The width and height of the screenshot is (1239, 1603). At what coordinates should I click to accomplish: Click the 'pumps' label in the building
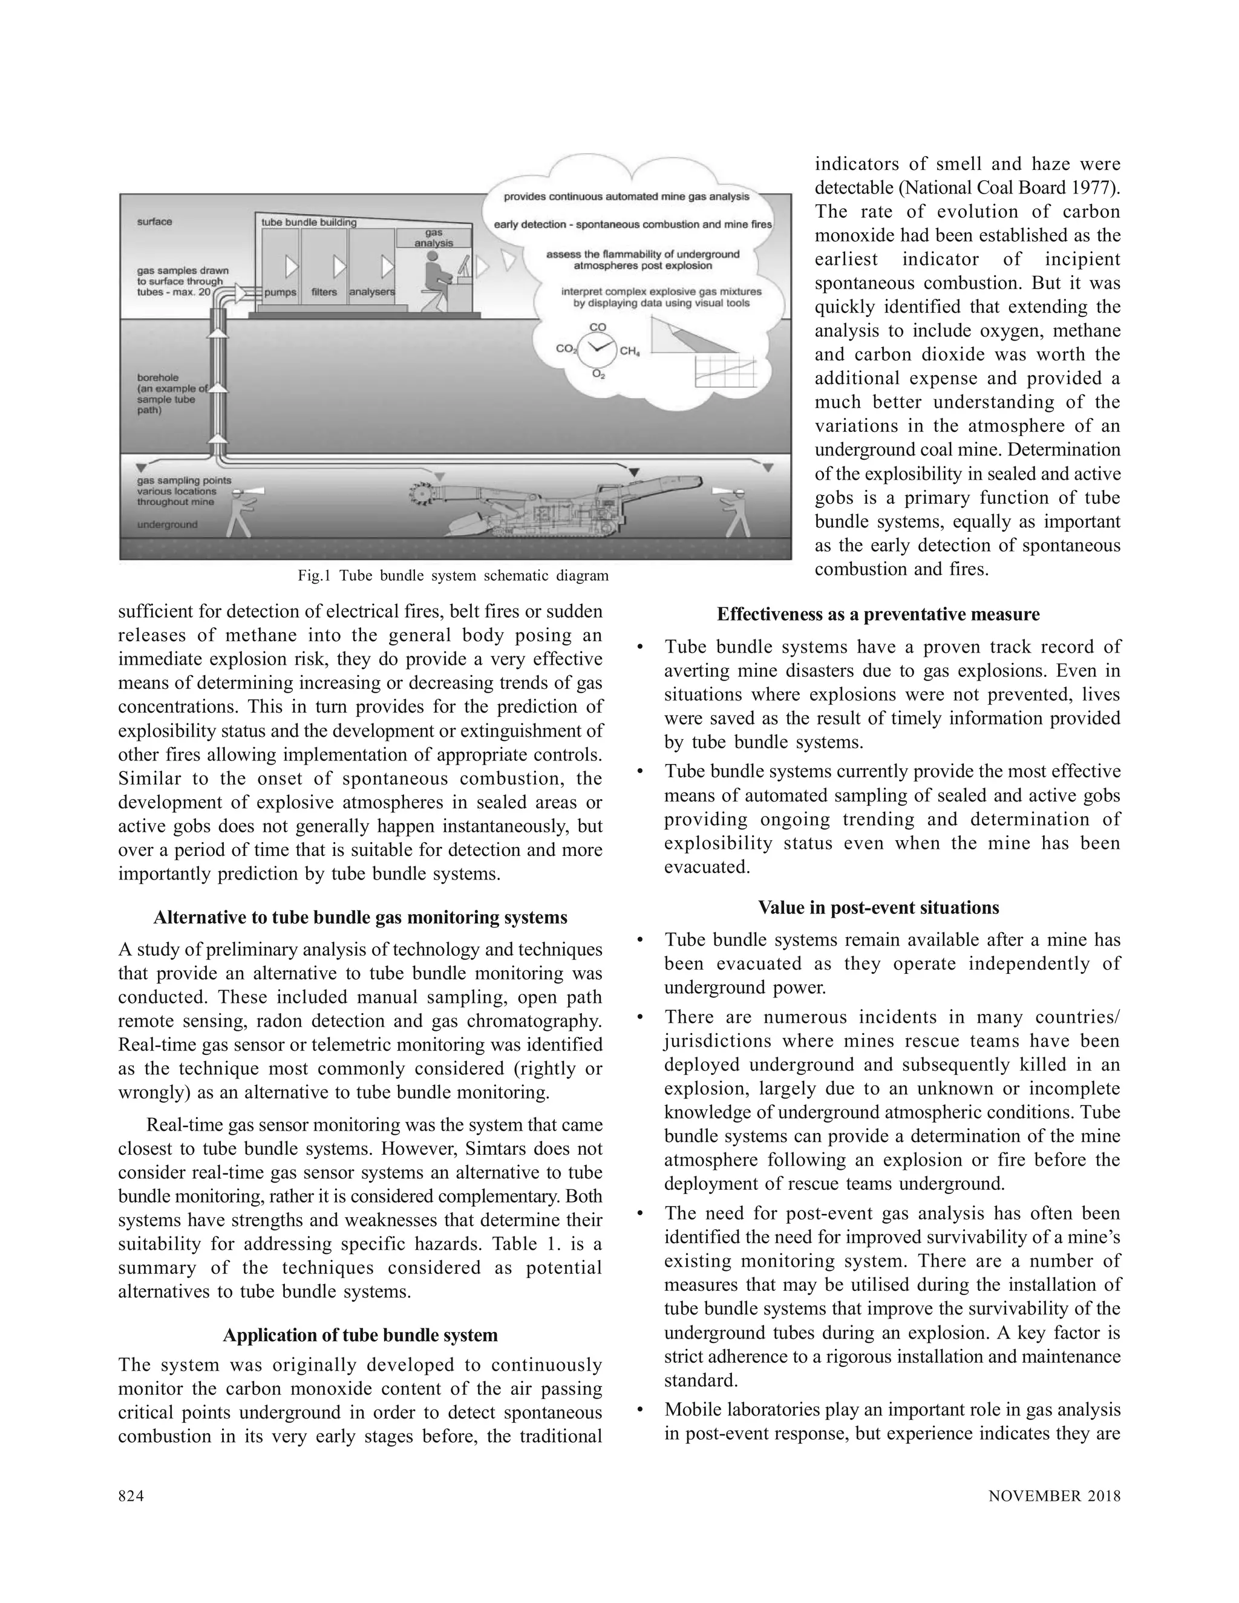[280, 292]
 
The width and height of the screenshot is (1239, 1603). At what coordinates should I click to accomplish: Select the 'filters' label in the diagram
[324, 292]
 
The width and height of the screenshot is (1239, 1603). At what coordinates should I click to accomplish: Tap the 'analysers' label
[371, 292]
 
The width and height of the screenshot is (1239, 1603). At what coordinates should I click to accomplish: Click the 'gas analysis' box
[434, 238]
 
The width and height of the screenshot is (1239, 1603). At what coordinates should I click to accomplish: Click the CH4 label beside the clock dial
[630, 351]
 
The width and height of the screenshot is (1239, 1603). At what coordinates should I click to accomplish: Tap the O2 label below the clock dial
[598, 375]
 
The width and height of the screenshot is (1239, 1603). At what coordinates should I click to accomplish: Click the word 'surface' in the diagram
[154, 221]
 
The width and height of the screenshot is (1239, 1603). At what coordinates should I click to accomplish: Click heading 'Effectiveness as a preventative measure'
[878, 615]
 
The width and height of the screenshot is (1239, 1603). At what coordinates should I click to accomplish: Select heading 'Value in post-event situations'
[878, 908]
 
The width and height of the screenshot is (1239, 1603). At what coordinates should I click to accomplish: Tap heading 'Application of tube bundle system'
[360, 1335]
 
